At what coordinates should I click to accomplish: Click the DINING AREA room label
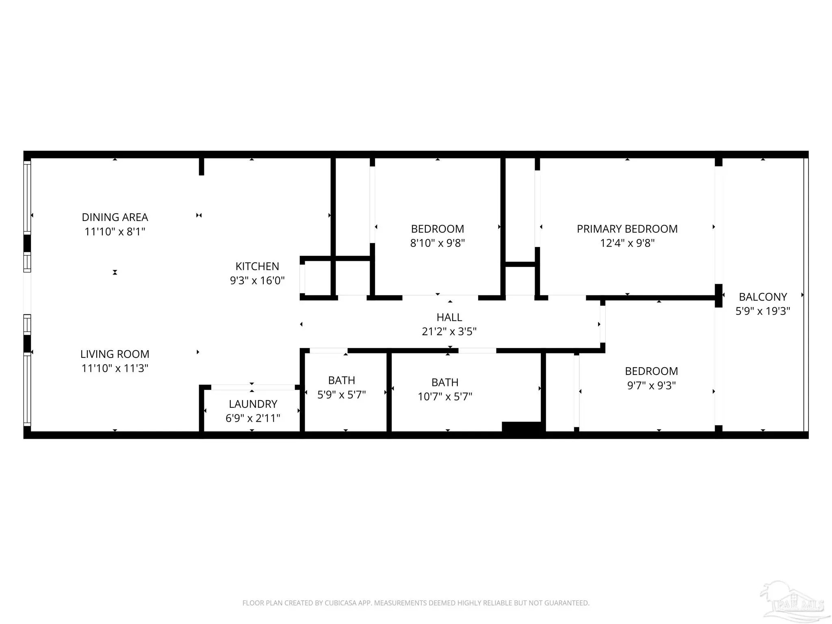115,217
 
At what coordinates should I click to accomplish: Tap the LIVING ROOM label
115,354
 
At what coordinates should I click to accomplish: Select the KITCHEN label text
257,266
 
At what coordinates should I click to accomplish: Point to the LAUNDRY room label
253,404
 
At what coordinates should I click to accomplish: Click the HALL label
449,317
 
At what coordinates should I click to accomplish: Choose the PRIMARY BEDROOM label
627,229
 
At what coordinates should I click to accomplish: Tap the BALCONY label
763,297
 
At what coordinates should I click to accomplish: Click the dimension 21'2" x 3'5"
449,331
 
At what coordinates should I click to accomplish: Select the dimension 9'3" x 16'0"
257,281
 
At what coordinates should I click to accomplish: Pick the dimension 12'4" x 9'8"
627,243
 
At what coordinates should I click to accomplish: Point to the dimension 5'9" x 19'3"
763,311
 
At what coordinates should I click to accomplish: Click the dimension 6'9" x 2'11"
253,418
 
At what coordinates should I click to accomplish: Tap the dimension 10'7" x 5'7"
445,396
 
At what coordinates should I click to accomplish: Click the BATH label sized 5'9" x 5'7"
342,381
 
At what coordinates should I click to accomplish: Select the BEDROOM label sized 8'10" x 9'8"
438,229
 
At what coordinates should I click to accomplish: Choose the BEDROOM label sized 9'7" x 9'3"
651,371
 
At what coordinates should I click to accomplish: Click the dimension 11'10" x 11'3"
115,368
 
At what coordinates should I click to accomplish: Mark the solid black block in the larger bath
522,427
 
